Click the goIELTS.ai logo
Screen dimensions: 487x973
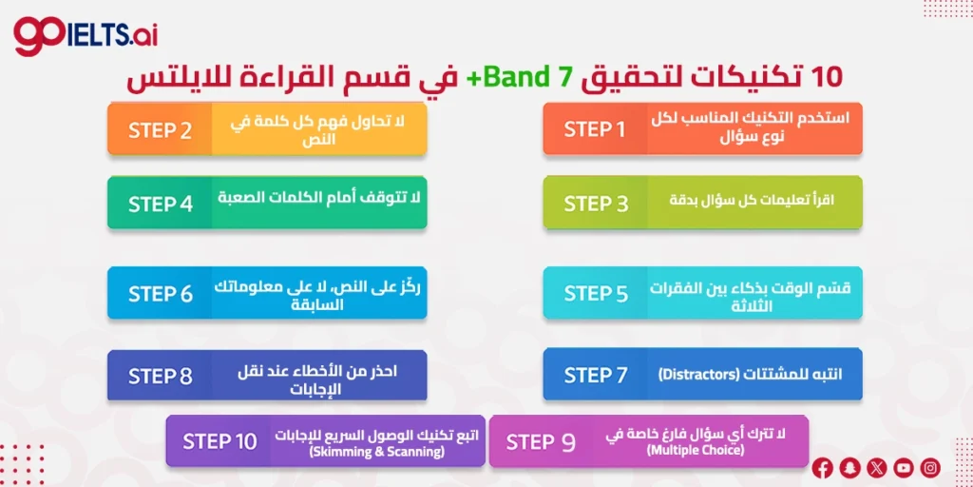[x=86, y=36]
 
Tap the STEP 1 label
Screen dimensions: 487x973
[x=595, y=129]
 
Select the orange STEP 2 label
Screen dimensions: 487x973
[x=160, y=130]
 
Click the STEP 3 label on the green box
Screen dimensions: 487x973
[x=596, y=204]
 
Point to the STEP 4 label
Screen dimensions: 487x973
[x=160, y=204]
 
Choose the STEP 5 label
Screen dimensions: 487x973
[x=596, y=294]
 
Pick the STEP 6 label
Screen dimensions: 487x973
[x=160, y=294]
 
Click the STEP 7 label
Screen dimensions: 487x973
[x=596, y=376]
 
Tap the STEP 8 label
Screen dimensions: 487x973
[x=160, y=376]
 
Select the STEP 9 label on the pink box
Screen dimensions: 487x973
[x=541, y=441]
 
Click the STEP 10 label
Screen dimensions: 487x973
[x=219, y=441]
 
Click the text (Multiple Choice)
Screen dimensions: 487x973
[x=696, y=450]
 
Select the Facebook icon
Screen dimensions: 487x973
[x=823, y=467]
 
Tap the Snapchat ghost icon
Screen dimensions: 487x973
[x=849, y=467]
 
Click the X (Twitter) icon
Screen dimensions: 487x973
[x=876, y=467]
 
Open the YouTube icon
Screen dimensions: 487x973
[x=903, y=467]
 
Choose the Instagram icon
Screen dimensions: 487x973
[x=930, y=467]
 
